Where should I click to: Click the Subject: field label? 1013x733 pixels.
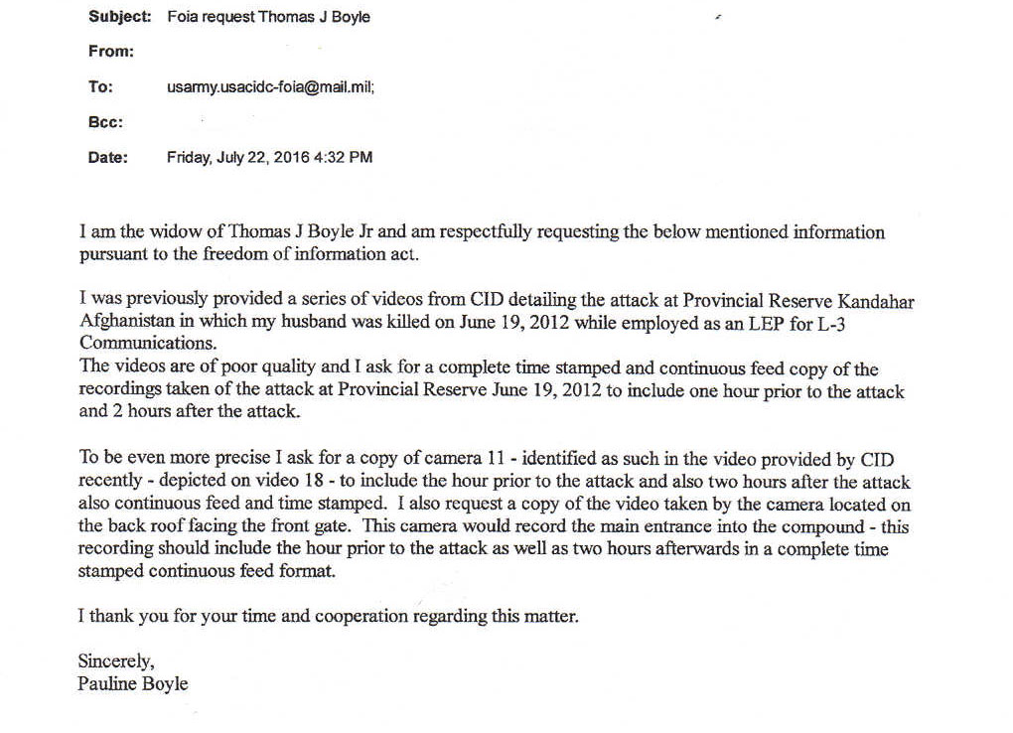pyautogui.click(x=119, y=17)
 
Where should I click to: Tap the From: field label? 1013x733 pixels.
pyautogui.click(x=110, y=52)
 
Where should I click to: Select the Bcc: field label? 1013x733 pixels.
pyautogui.click(x=106, y=122)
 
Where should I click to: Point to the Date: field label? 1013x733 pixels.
pyautogui.click(x=108, y=157)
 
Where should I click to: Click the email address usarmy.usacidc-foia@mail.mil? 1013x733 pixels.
pyautogui.click(x=269, y=87)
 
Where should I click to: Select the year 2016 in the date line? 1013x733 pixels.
pyautogui.click(x=289, y=157)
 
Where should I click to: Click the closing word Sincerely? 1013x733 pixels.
pyautogui.click(x=115, y=660)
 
